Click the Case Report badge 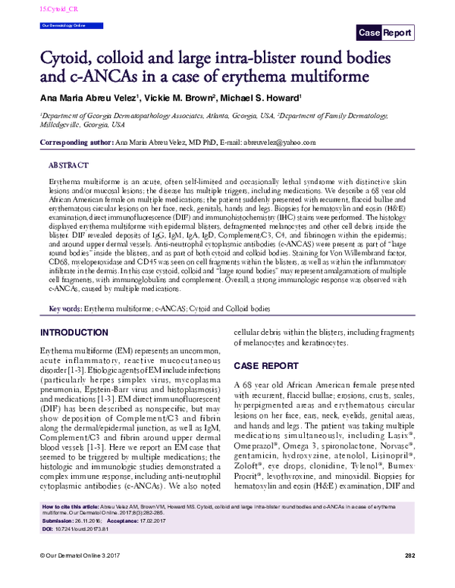click(x=385, y=33)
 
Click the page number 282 click(x=410, y=578)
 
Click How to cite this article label click(x=71, y=527)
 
